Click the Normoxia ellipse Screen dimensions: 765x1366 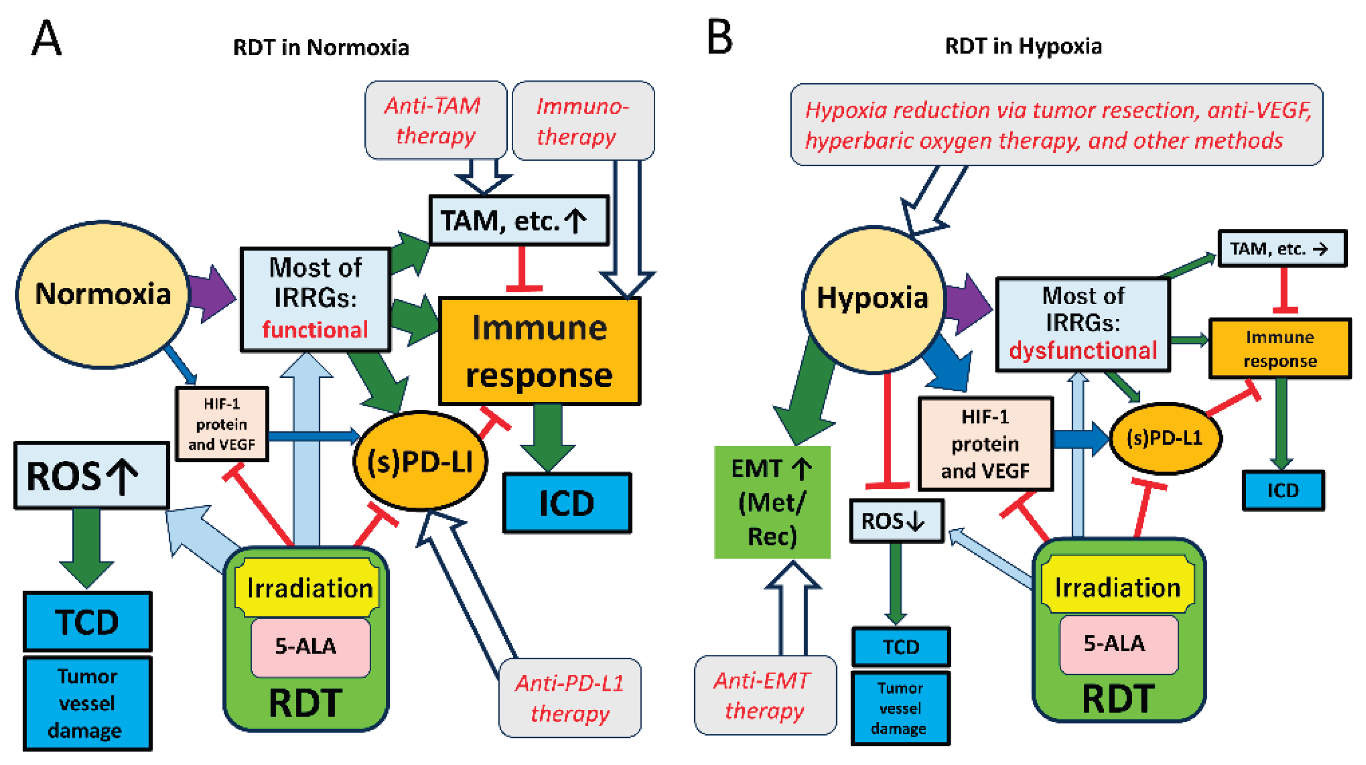102,294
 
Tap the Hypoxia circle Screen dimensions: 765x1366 872,298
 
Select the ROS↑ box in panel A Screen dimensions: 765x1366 91,476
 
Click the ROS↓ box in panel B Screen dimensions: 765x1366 896,521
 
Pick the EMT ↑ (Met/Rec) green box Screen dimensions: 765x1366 772,502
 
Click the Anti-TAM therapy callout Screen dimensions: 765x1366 435,120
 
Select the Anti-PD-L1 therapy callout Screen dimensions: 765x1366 570,698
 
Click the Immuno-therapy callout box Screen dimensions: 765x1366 582,121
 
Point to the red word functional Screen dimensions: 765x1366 315,330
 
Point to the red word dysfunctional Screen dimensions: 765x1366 1082,350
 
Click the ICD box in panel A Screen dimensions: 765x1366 566,503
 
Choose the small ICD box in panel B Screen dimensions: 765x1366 1282,490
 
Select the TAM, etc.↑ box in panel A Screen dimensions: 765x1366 518,221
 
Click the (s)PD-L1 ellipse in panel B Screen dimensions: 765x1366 1164,438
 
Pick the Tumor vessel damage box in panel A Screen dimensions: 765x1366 87,703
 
